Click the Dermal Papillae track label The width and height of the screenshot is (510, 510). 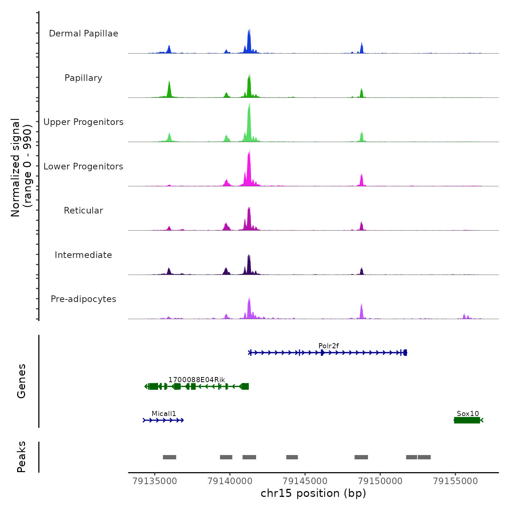(x=83, y=34)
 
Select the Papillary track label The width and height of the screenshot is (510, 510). (x=83, y=78)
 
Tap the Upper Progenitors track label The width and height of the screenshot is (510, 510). (x=83, y=122)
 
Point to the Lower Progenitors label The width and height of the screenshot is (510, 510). (x=83, y=166)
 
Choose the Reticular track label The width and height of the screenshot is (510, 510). (x=83, y=211)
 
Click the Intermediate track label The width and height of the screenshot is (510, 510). (x=83, y=255)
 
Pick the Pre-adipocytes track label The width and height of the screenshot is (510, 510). (x=83, y=299)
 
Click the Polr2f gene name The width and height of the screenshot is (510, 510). (x=329, y=346)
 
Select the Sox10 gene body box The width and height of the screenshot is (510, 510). (x=467, y=420)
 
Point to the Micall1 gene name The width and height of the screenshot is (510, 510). (x=164, y=413)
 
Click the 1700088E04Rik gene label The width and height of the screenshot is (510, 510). (x=197, y=380)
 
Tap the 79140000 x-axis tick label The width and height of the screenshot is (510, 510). (x=230, y=481)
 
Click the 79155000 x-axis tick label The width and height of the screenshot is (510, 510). (x=455, y=481)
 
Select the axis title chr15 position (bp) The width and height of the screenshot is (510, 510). (x=313, y=493)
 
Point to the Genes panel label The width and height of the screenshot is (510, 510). (x=21, y=381)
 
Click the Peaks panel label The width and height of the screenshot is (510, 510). (x=21, y=457)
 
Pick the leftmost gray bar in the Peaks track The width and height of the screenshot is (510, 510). (x=169, y=457)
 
